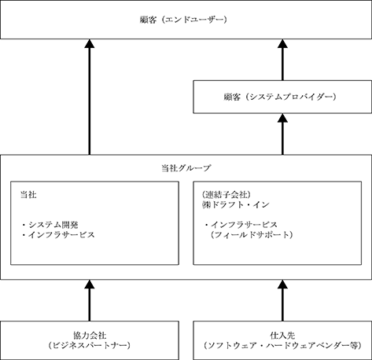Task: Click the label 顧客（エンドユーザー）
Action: pos(183,20)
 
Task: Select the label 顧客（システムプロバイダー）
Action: pos(280,97)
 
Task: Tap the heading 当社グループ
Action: pos(186,167)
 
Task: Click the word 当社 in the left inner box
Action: pos(28,195)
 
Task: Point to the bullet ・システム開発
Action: pos(50,225)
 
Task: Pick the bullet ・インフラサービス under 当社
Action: pos(58,234)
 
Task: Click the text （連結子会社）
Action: pos(227,195)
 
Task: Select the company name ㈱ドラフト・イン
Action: pos(236,204)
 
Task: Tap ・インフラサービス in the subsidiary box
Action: pos(241,225)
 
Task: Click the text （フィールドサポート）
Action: pos(252,234)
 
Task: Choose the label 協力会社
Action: pos(90,336)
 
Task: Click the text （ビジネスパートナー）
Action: pos(90,345)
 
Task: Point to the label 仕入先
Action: pos(282,336)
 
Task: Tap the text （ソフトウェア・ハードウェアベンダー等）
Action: pos(282,345)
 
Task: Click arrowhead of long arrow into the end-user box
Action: pos(90,43)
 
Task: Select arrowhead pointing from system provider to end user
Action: pos(282,43)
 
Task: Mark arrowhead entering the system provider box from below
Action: pos(282,118)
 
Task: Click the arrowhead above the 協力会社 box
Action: pos(90,285)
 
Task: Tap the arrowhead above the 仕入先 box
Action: pos(282,285)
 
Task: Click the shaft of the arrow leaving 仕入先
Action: pos(282,305)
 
